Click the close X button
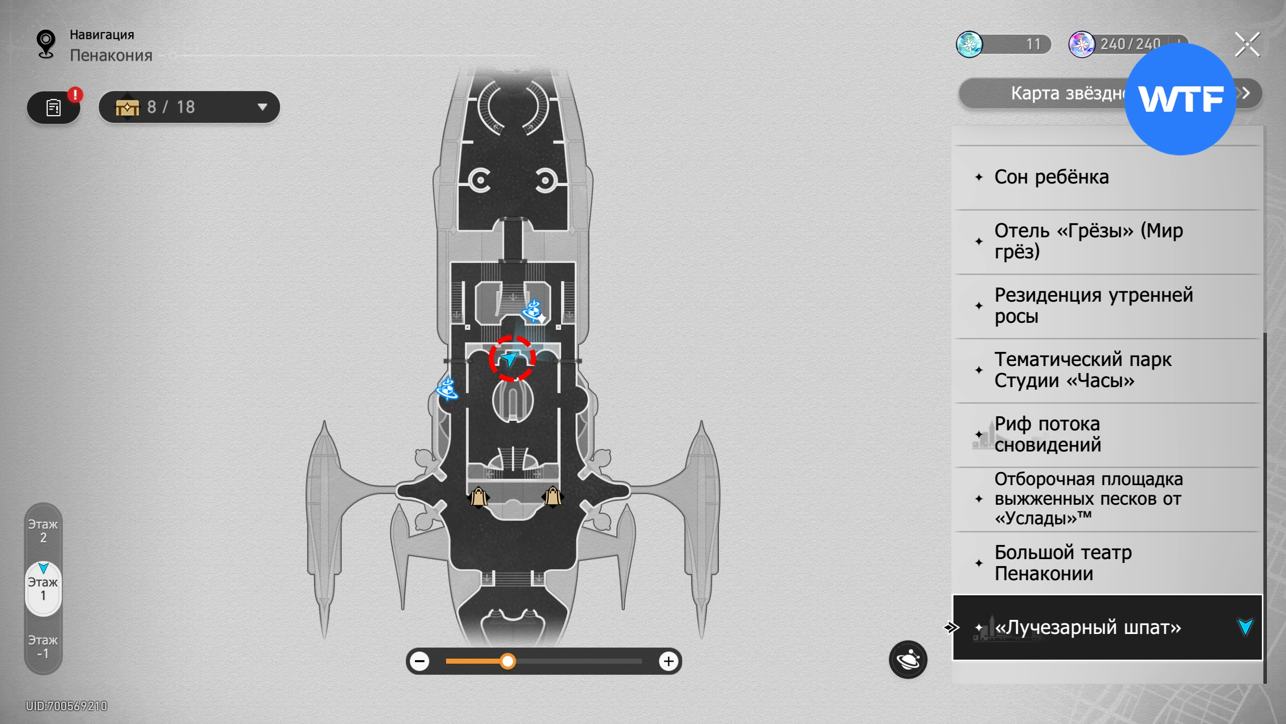coord(1247,45)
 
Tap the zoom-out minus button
coord(419,661)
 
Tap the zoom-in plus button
coord(669,661)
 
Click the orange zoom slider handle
coord(508,661)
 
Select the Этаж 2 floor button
coord(43,531)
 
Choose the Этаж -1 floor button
coord(43,647)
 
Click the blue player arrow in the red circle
coord(510,358)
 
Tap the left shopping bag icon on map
coord(479,497)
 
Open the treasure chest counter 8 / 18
coord(189,107)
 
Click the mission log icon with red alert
coord(54,107)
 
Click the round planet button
coord(908,660)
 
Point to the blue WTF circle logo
coord(1180,99)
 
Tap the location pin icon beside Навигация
coord(46,44)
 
